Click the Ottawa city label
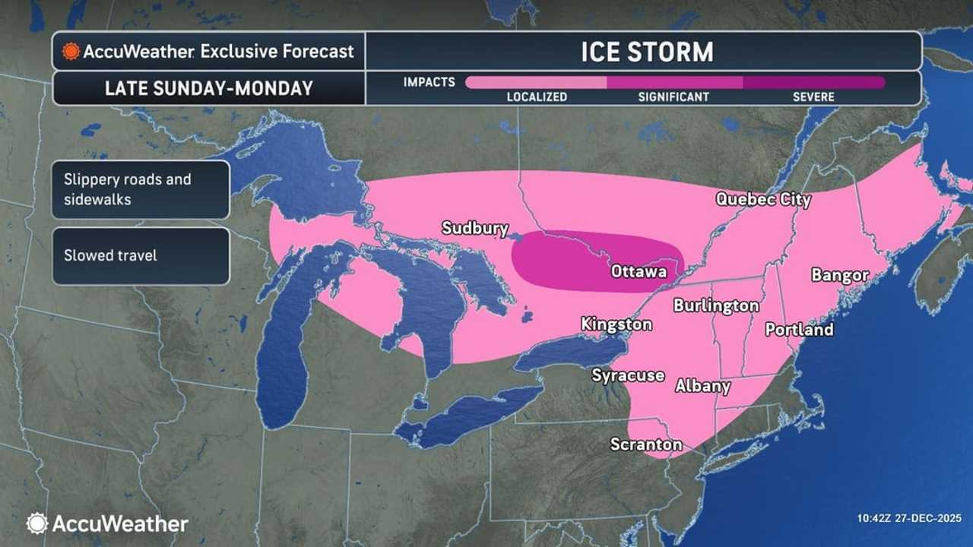pos(639,271)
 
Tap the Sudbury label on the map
pos(474,228)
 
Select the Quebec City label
pos(763,199)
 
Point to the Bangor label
pos(840,275)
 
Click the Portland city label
pos(799,329)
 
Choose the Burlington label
pos(716,305)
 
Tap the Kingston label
pos(616,324)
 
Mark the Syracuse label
pos(629,375)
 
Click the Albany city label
pos(703,386)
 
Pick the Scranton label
pos(646,444)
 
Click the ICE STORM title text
pos(647,52)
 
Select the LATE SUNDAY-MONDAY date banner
pos(209,88)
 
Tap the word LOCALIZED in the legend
pos(537,97)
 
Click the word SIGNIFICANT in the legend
pos(673,97)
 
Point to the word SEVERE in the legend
pos(813,97)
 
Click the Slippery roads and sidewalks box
pos(141,189)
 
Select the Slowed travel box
pos(141,256)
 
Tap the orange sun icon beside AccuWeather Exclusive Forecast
pos(71,52)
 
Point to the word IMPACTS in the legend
pos(429,81)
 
